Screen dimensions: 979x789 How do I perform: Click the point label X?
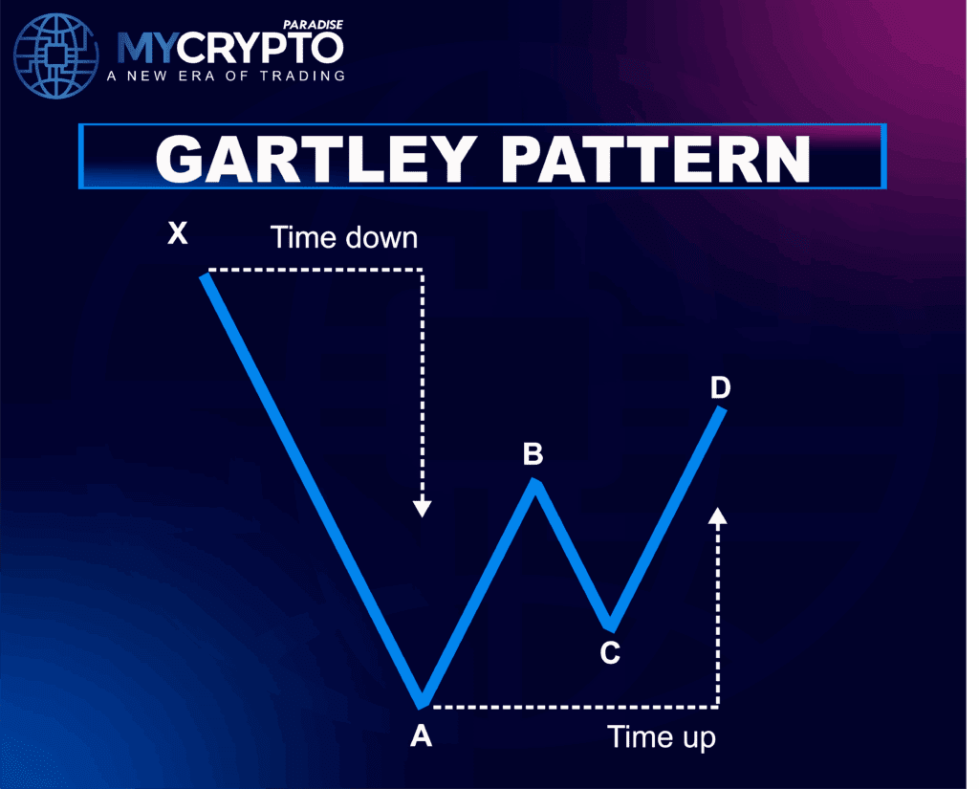coord(178,233)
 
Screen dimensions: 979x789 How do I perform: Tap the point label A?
coord(422,735)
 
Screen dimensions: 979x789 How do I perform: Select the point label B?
coord(533,454)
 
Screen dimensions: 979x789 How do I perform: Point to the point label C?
coord(610,653)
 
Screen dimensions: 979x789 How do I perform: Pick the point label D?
coord(721,388)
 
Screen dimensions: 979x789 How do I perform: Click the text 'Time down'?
coord(344,238)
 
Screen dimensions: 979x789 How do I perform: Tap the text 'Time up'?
coord(662,737)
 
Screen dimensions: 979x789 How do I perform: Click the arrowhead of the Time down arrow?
coord(423,508)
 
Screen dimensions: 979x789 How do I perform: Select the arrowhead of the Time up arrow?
coord(718,516)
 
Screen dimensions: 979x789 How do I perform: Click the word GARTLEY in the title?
coord(316,159)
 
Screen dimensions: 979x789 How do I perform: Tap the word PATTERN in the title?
coord(655,159)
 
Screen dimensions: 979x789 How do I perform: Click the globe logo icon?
coord(56,56)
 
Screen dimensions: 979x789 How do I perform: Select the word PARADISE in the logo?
coord(313,24)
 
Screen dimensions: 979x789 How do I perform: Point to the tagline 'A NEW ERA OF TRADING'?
coord(226,77)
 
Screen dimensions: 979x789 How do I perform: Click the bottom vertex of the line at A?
coord(422,707)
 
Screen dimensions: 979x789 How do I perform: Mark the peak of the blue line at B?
coord(534,480)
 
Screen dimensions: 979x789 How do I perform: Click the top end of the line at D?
coord(722,408)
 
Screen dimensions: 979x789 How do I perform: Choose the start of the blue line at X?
coord(206,276)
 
